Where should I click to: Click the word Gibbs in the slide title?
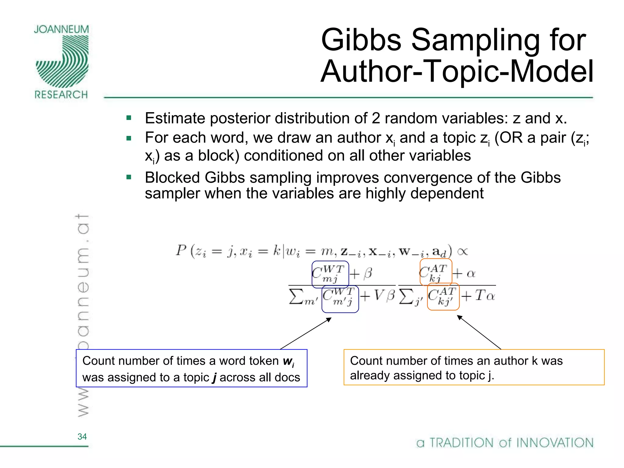[361, 40]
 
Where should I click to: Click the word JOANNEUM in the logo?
[61, 29]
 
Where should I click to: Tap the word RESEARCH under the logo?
[61, 95]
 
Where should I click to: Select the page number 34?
[82, 437]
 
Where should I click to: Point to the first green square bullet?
[129, 118]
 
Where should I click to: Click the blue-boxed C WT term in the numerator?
[330, 274]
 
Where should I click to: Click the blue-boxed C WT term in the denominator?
[340, 299]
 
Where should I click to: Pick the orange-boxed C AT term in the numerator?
[435, 272]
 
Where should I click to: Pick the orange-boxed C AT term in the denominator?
[443, 296]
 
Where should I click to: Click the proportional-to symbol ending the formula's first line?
[462, 251]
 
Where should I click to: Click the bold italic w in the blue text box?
[288, 361]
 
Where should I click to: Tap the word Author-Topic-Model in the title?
[457, 72]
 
